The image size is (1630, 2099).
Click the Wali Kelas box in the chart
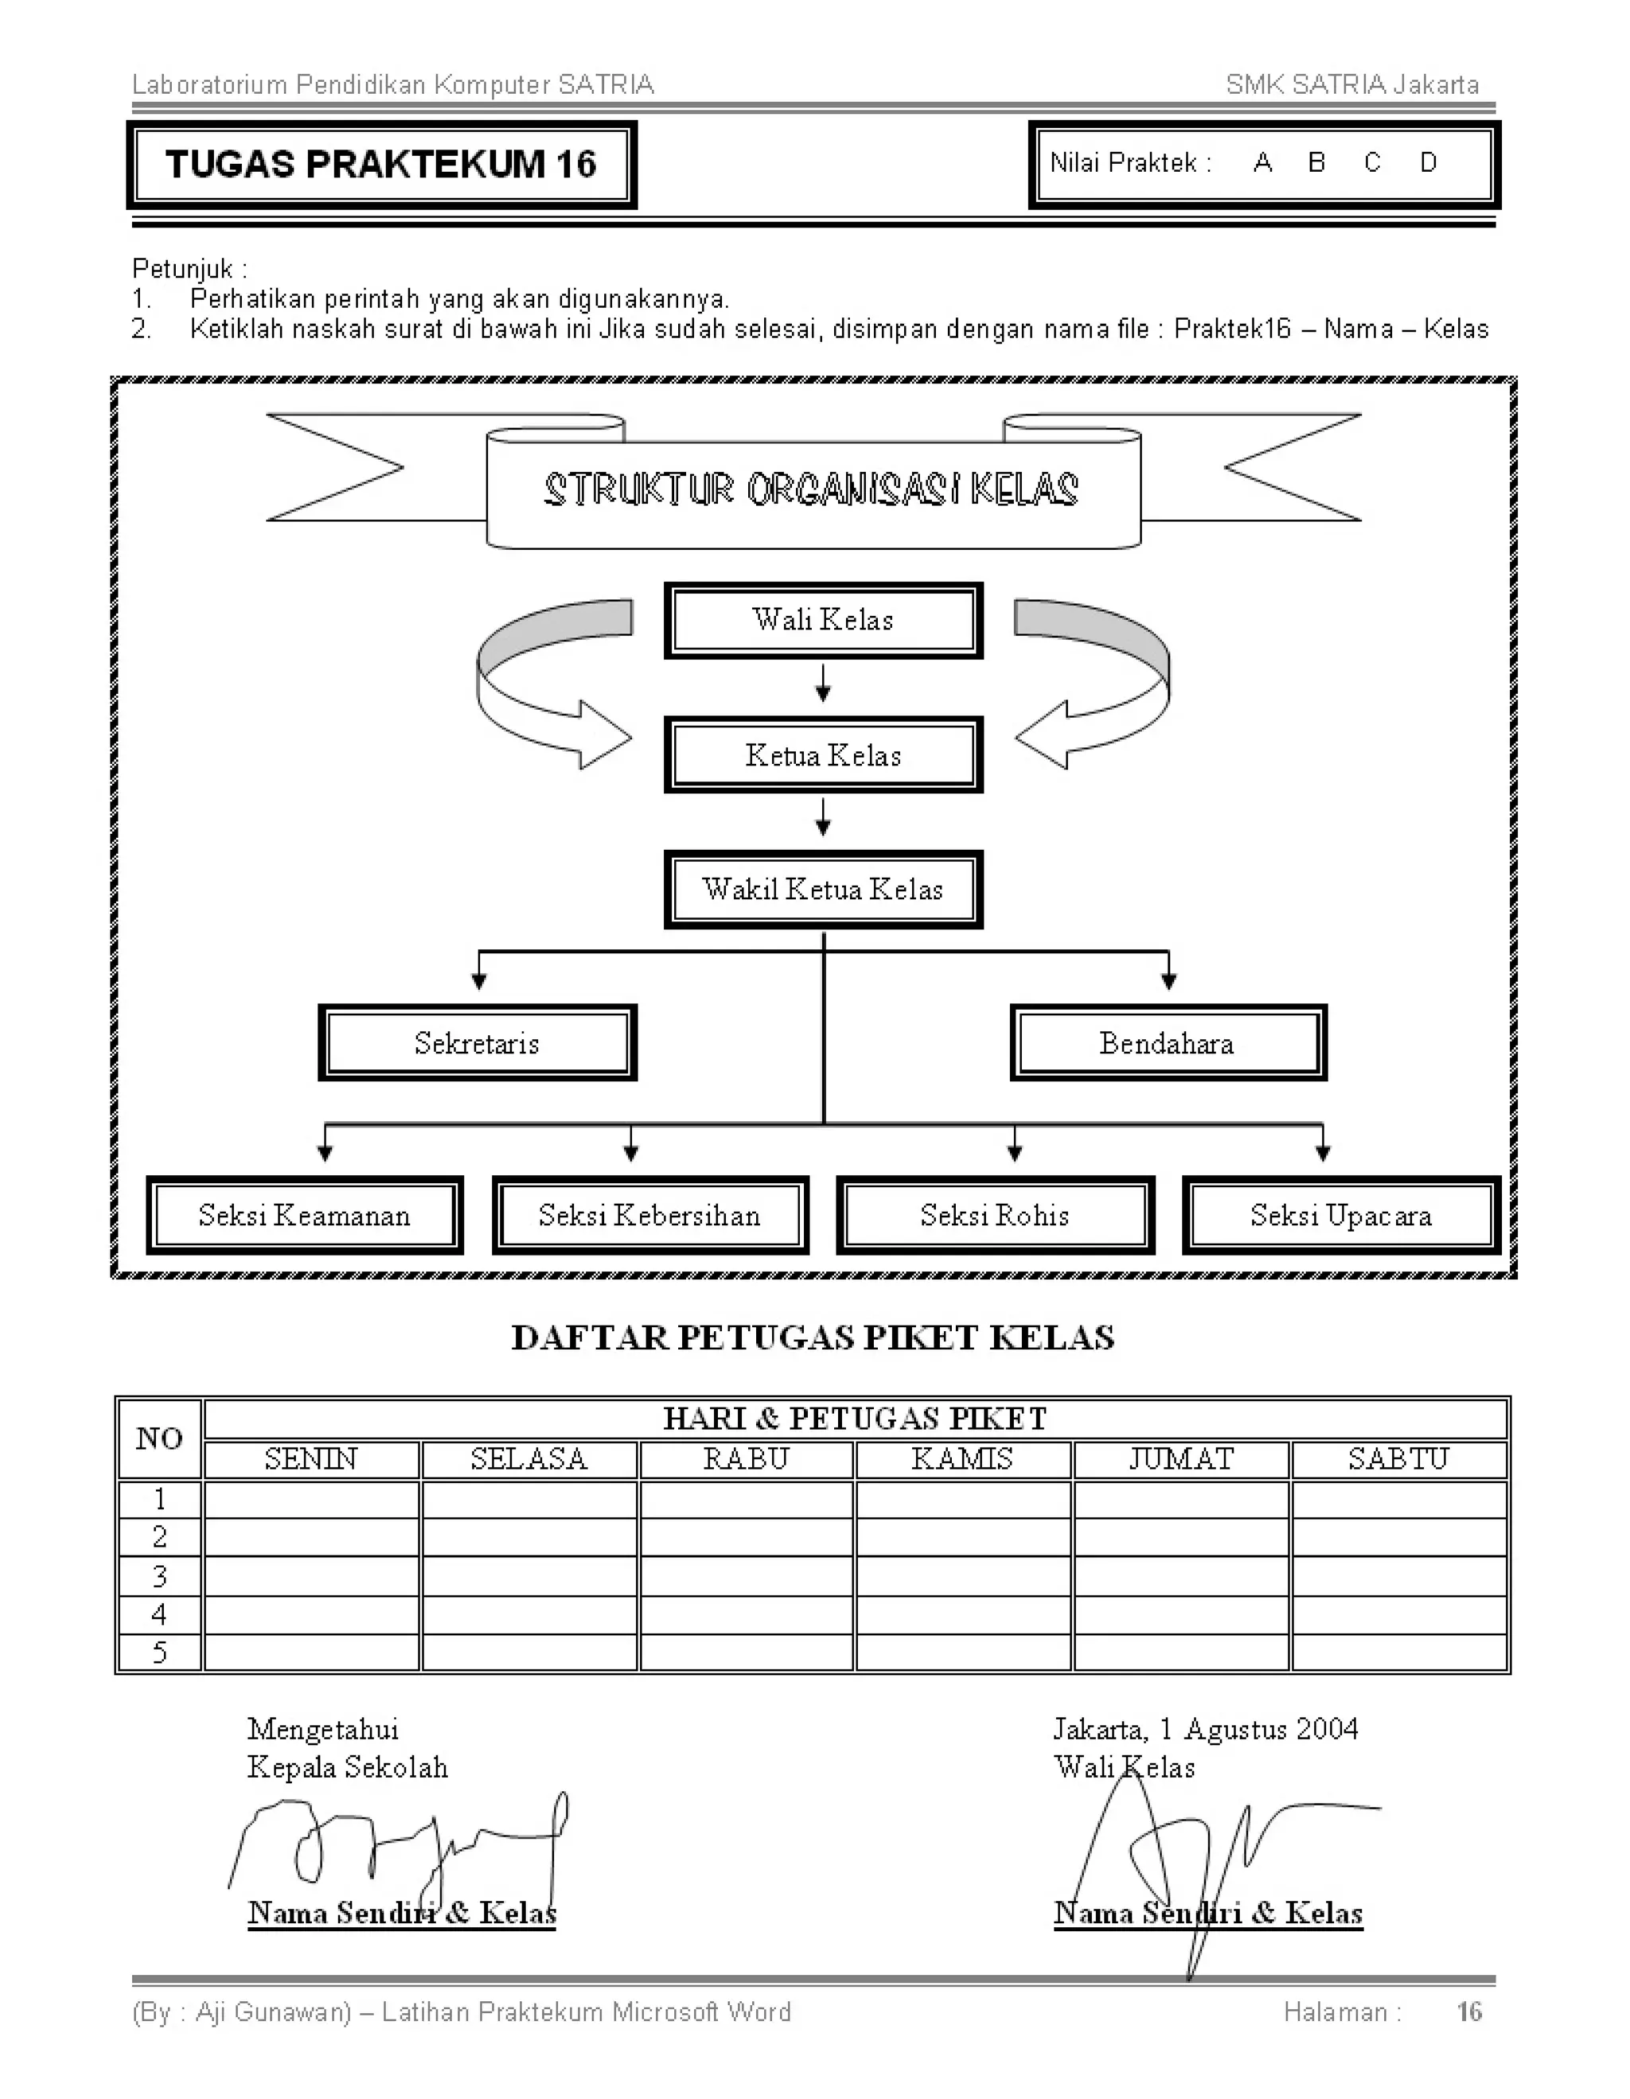823,620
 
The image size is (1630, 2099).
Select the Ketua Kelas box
823,754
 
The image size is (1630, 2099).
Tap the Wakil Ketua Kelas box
823,889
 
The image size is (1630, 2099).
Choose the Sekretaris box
477,1043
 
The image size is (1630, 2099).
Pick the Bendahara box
1168,1043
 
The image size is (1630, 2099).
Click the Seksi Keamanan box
304,1215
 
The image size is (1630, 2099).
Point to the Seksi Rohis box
995,1215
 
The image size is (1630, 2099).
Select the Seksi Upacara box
1341,1215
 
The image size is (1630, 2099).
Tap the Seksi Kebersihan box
649,1215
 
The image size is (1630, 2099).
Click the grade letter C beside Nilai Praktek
1371,163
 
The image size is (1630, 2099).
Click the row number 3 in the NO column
159,1576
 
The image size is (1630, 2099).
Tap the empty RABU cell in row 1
746,1499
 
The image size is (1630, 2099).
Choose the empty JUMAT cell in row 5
1180,1653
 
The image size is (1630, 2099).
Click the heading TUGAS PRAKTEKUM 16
380,165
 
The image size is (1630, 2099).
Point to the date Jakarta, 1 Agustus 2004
1205,1729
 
